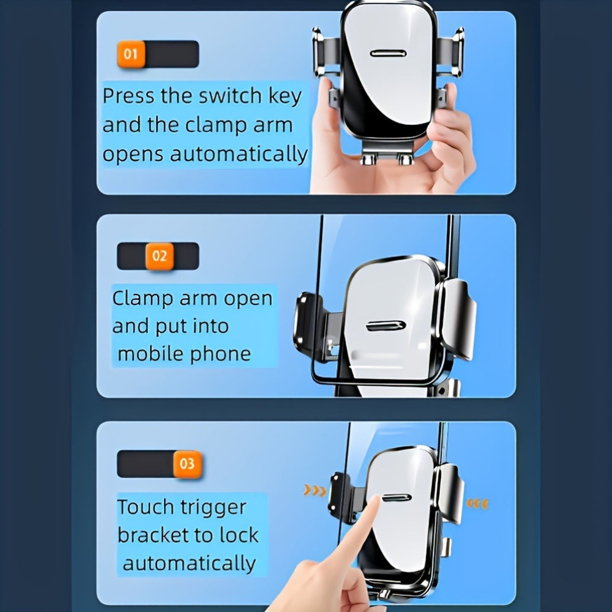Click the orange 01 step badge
point(130,54)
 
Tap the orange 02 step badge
point(159,256)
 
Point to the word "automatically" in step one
point(239,154)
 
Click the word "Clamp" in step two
point(143,299)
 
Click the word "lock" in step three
point(239,535)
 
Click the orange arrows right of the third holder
point(477,504)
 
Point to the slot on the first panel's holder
point(389,54)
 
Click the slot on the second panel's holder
point(386,326)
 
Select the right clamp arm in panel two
point(459,318)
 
